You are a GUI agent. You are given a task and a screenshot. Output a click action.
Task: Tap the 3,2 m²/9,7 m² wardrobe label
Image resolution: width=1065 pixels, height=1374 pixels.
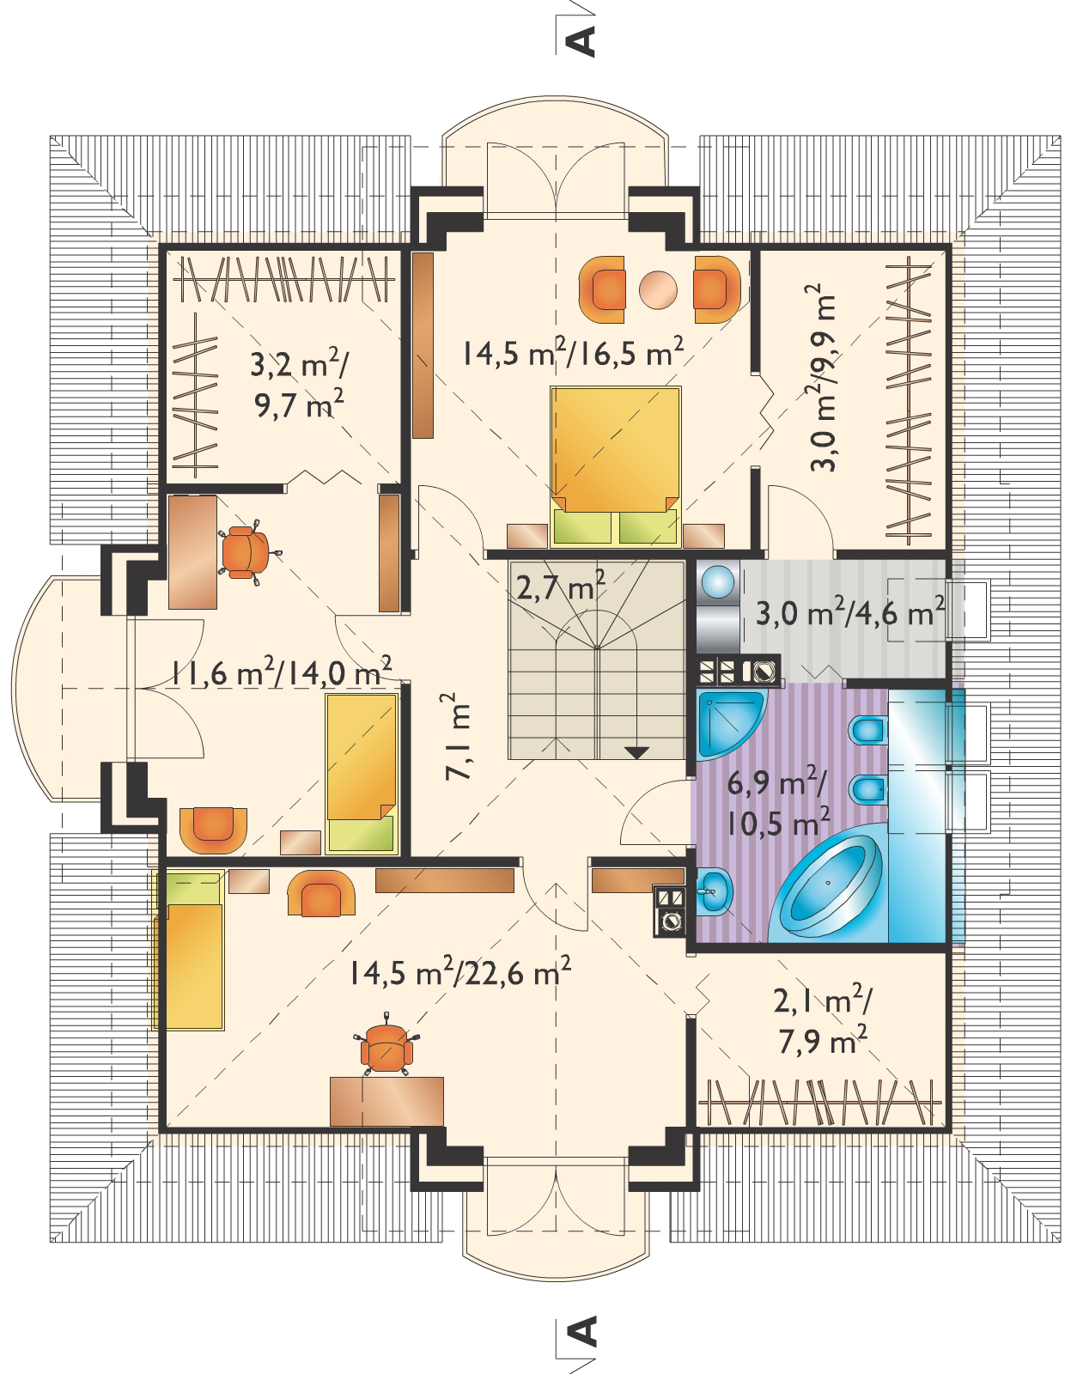[299, 386]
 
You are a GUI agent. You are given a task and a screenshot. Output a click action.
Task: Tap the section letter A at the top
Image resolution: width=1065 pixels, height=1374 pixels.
[582, 42]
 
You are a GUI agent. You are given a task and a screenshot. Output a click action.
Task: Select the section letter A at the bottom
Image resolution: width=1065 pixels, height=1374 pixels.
[582, 1334]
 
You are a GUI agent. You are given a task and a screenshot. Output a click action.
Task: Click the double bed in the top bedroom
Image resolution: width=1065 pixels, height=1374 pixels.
[615, 466]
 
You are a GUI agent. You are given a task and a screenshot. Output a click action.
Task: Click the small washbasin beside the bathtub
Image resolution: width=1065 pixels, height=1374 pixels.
[715, 891]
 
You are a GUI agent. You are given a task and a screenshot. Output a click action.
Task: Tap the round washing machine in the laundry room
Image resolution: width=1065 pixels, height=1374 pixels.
[719, 581]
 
